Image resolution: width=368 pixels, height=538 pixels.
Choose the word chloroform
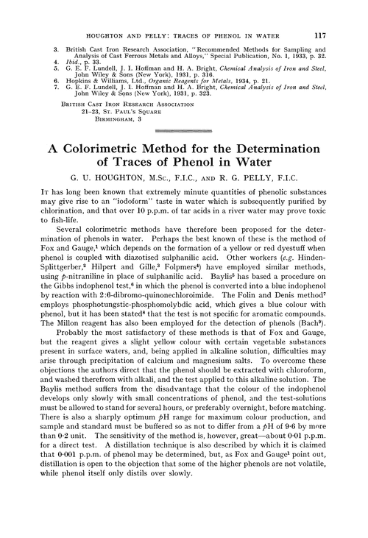click(294, 396)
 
